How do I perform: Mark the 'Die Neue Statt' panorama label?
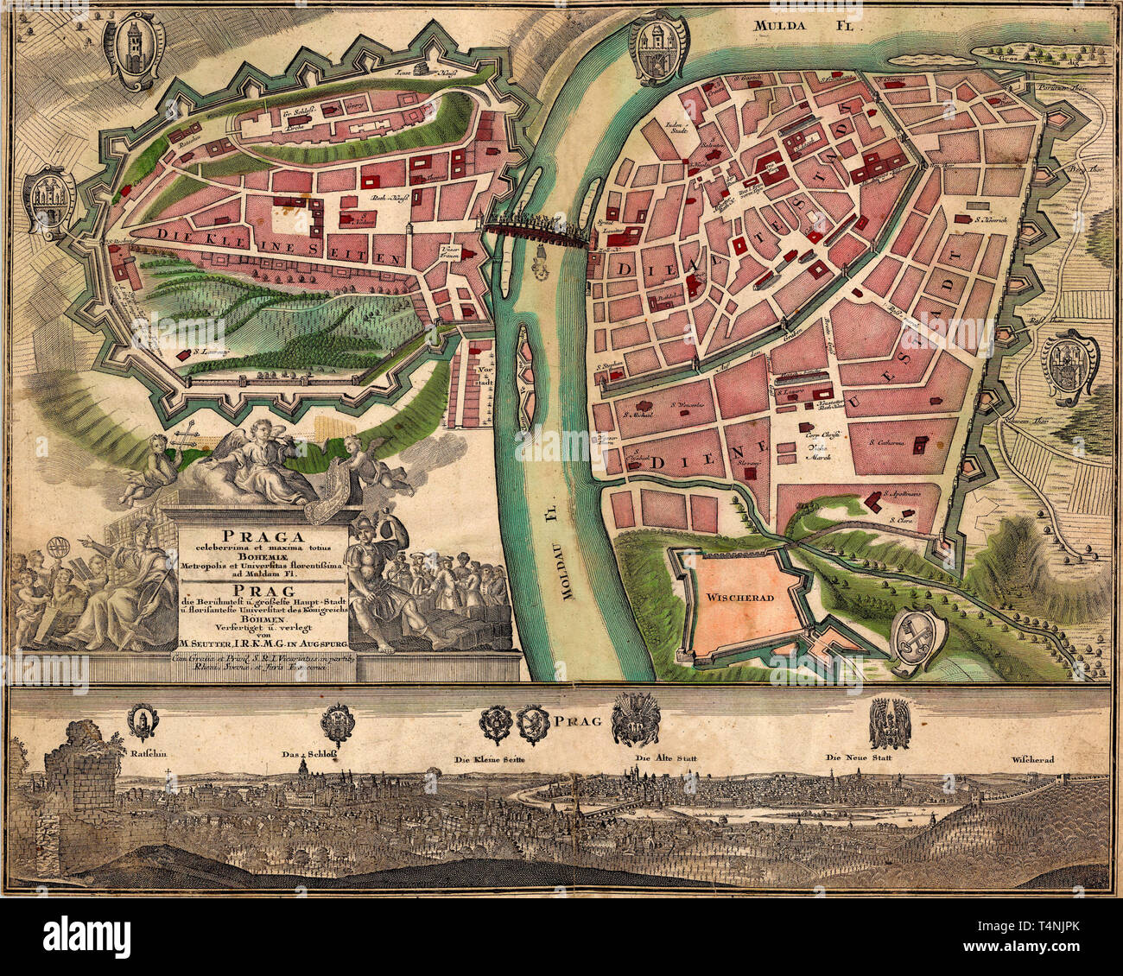[857, 757]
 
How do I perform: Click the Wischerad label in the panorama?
[1036, 760]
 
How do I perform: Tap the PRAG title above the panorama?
[575, 719]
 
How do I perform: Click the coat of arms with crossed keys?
[917, 641]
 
